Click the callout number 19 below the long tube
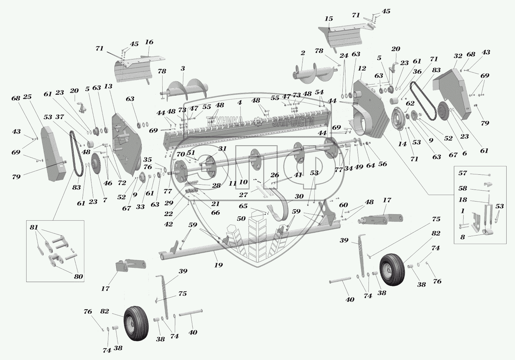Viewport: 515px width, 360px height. [x=219, y=265]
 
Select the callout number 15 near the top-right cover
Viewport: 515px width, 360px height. [x=329, y=19]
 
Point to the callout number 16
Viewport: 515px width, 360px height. [x=149, y=42]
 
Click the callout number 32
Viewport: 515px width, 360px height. [x=458, y=56]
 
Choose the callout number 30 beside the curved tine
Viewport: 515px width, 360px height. [x=299, y=196]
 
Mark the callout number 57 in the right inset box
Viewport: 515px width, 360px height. [x=463, y=173]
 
